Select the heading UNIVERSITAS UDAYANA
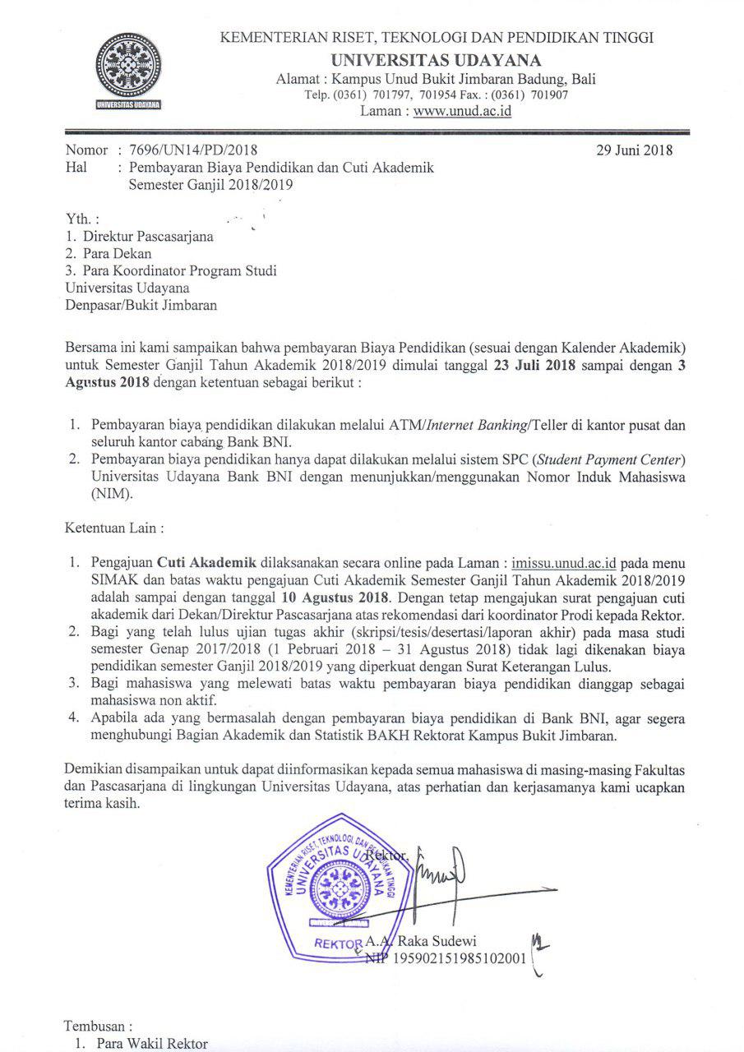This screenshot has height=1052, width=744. pos(436,60)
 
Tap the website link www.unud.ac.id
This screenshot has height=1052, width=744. pos(462,111)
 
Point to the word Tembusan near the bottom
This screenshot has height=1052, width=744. pos(98,1027)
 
